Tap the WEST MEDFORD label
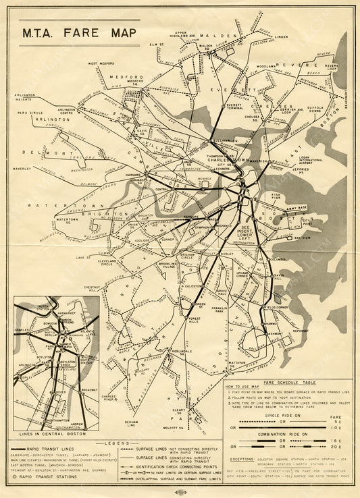click(x=100, y=63)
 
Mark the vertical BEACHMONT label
click(x=346, y=99)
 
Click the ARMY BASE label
click(x=297, y=207)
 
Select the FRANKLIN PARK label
click(x=217, y=310)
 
